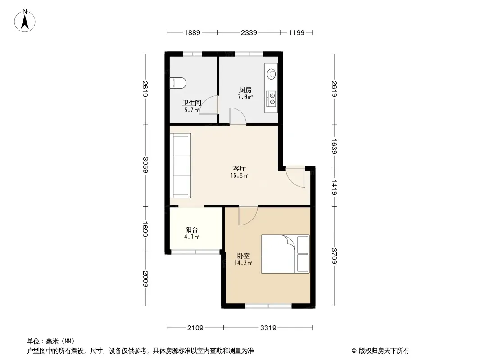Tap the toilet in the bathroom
(x=178, y=83)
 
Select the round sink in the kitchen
(x=272, y=74)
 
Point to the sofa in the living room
(x=181, y=166)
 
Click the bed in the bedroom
(x=285, y=254)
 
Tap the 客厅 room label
(x=240, y=169)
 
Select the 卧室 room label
(x=243, y=256)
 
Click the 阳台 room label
(x=192, y=229)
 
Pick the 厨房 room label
(x=245, y=90)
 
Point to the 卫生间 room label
(x=192, y=103)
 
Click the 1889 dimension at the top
(x=192, y=32)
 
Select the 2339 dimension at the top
(x=249, y=32)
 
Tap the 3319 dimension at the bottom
(x=268, y=328)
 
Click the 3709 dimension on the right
(x=334, y=256)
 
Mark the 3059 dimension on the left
(x=145, y=165)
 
